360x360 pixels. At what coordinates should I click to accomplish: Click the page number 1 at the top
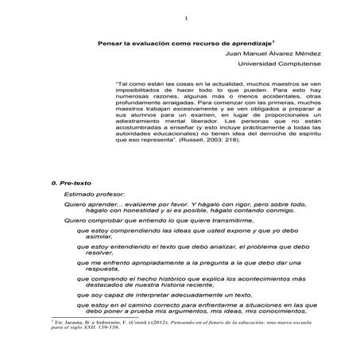184,18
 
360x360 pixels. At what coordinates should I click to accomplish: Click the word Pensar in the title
110,44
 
